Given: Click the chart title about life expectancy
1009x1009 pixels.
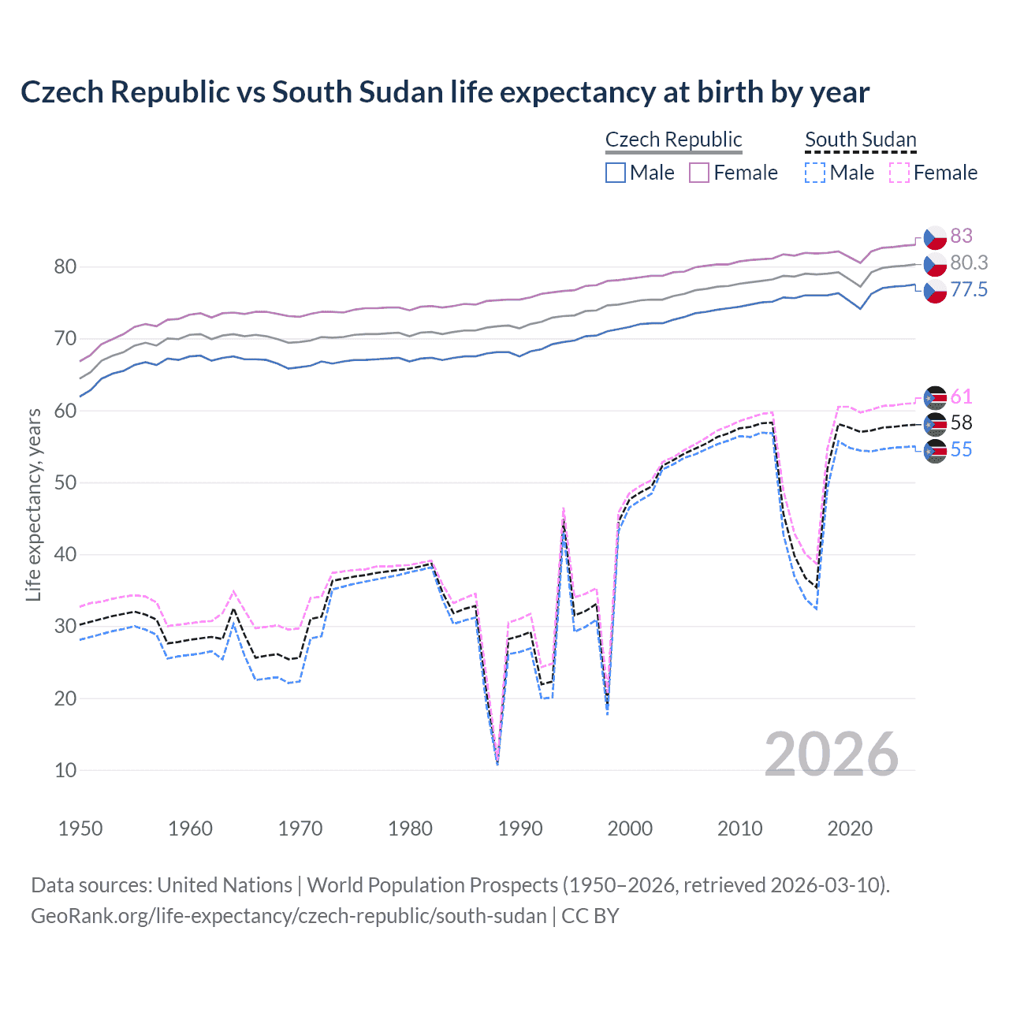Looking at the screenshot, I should [445, 92].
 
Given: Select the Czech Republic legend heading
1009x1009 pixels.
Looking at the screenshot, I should [673, 140].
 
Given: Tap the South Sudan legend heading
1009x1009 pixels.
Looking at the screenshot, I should [860, 140].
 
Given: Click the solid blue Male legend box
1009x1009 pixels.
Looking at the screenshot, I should [616, 173].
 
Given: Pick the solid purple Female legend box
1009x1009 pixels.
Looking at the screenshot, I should [699, 173].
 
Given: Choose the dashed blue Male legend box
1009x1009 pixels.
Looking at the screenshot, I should [815, 173].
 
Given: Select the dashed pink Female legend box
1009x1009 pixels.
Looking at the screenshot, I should [899, 173].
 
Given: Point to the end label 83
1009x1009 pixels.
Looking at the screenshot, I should [961, 236].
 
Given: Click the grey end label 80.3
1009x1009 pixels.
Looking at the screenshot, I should [969, 262].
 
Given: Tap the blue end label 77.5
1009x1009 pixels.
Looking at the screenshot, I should [969, 289].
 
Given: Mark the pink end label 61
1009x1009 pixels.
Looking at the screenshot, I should [961, 397].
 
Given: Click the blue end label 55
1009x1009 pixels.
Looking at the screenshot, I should [961, 449].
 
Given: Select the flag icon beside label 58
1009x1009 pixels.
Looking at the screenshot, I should [935, 424].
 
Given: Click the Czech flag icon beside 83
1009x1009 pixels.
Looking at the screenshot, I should [935, 236].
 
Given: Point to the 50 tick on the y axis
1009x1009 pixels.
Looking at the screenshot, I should [65, 482].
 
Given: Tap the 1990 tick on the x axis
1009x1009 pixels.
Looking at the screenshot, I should [520, 828].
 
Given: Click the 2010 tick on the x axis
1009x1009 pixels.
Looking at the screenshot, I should [739, 828].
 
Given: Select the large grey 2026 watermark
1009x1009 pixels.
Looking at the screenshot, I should [831, 754].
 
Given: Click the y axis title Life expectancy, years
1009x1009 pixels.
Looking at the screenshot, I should [33, 504].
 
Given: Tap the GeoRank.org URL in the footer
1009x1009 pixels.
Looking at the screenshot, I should [289, 916].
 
